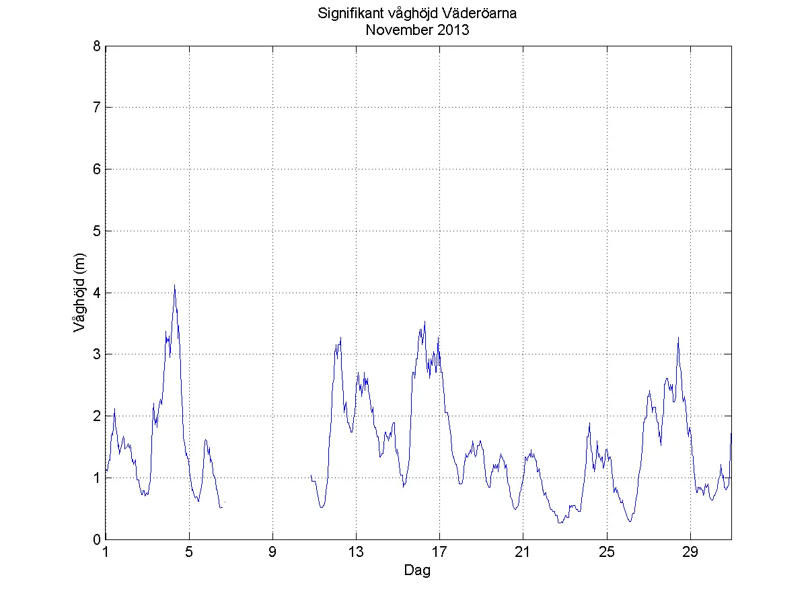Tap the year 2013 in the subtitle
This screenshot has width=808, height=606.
453,30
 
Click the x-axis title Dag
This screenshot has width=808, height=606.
417,571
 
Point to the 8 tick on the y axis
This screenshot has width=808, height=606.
98,46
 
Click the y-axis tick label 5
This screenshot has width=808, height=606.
98,231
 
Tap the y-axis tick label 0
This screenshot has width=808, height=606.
98,539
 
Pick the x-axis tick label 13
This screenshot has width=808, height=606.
356,553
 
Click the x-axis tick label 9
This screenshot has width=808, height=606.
272,553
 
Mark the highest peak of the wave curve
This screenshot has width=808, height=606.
174,285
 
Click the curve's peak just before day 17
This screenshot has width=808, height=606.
425,321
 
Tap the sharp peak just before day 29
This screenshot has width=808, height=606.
678,338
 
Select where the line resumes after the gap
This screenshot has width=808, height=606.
311,475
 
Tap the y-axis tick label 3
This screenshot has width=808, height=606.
98,354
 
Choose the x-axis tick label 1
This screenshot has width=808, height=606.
106,553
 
